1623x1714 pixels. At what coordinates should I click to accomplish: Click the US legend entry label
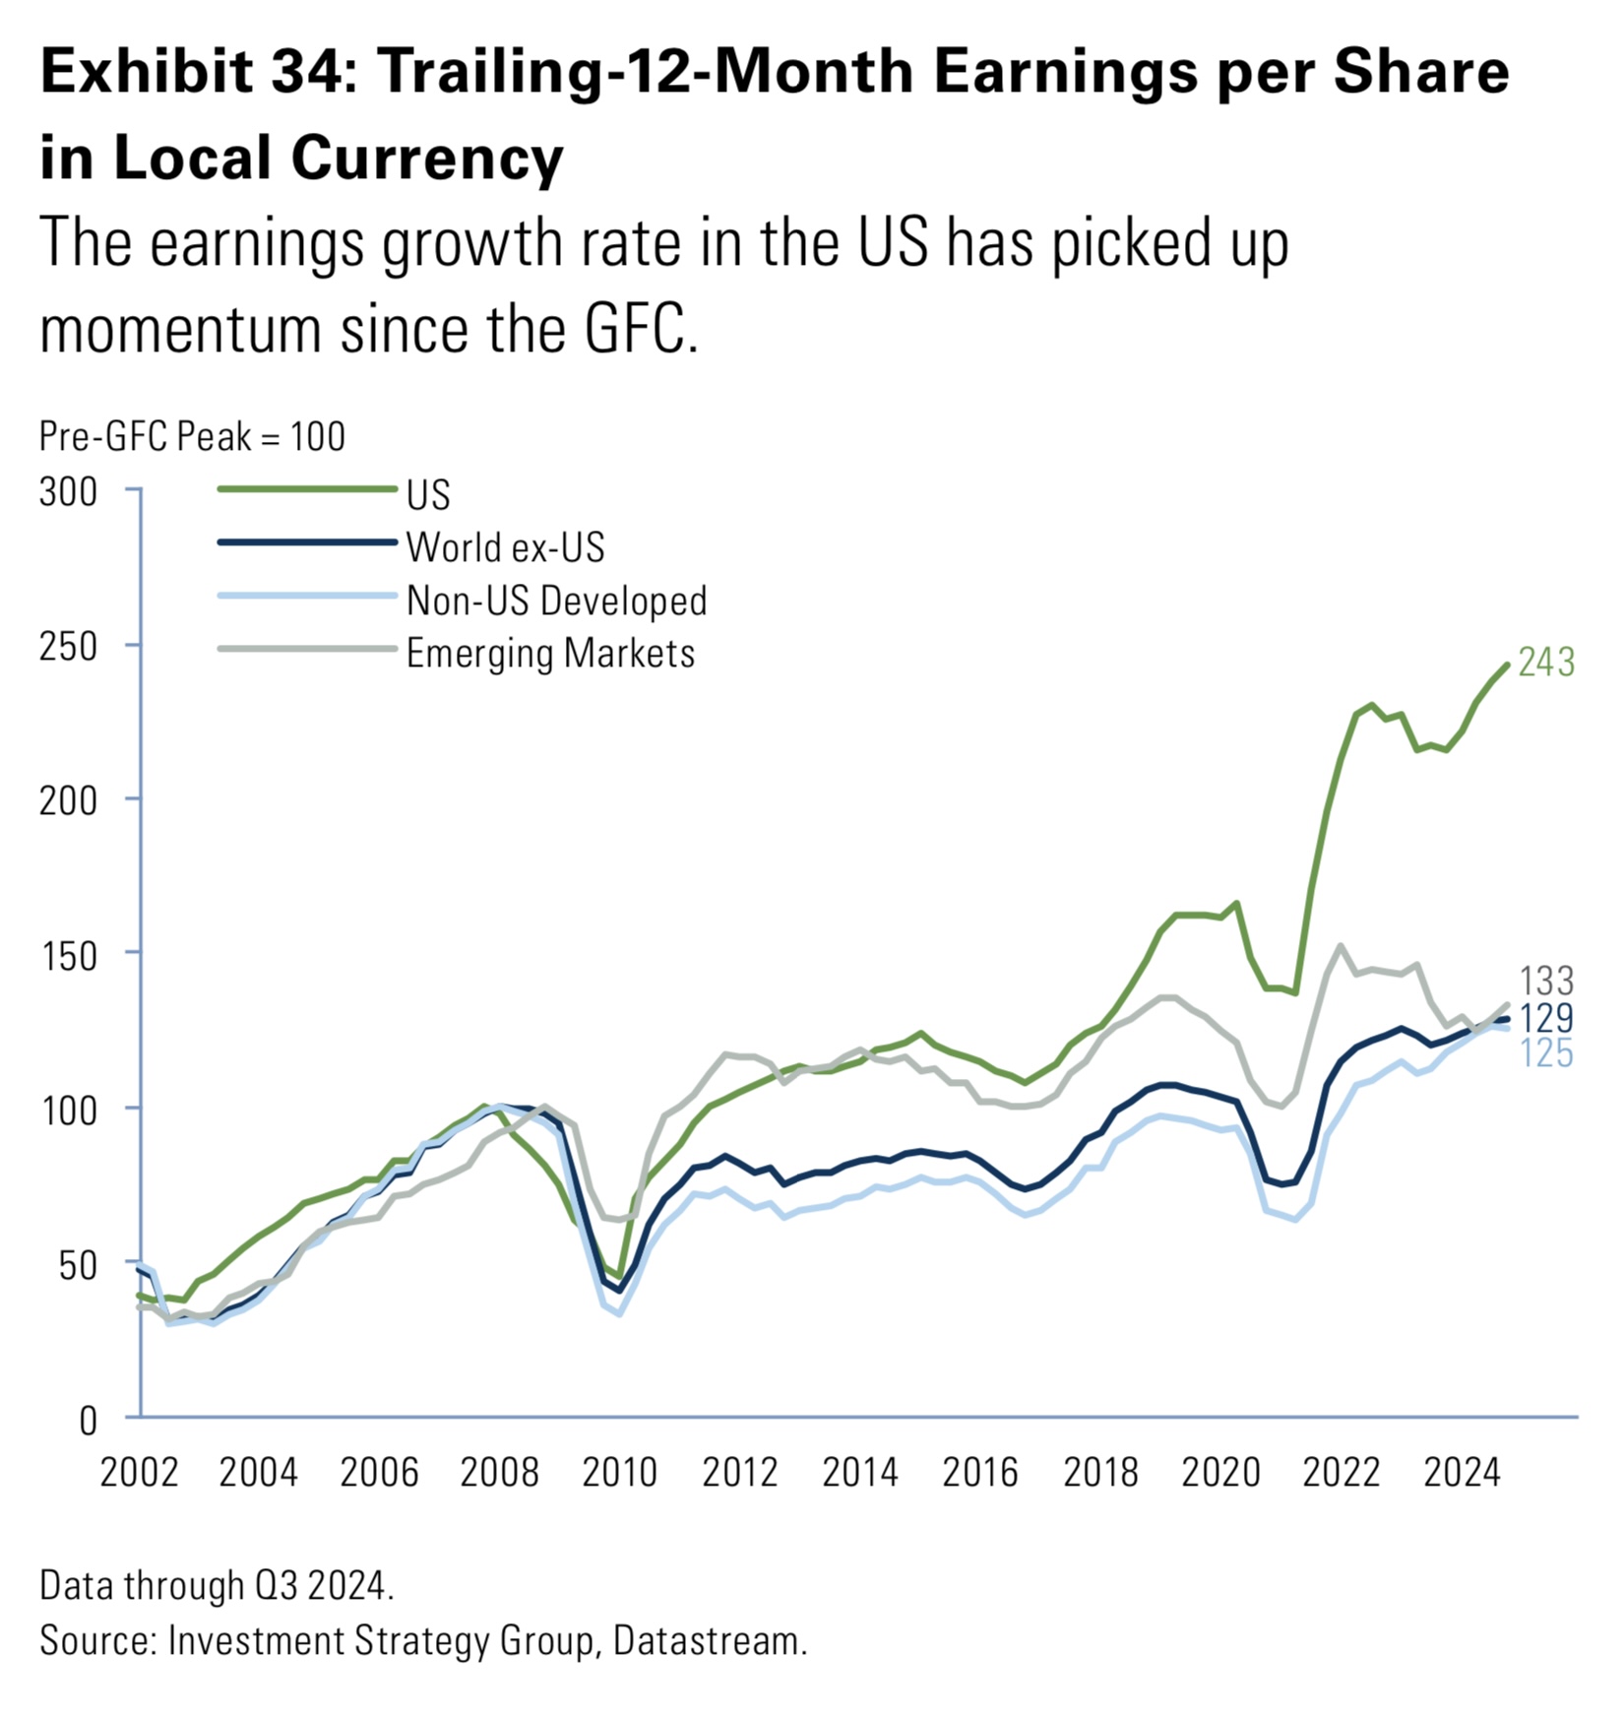428,495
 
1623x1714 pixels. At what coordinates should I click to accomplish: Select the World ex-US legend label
505,547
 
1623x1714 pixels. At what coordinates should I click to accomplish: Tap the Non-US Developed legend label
556,601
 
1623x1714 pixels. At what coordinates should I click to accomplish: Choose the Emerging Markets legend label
550,654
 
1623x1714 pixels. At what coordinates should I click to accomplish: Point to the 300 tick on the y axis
69,492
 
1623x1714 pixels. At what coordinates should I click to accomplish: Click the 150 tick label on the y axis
69,956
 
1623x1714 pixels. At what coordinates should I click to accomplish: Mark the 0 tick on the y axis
89,1420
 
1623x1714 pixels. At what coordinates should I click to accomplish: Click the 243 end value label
1546,663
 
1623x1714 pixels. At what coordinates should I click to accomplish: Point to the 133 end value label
1546,981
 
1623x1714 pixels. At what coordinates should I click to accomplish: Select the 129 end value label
1546,1018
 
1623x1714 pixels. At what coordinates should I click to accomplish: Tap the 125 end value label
1546,1053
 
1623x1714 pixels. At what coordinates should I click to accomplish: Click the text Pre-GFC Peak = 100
192,436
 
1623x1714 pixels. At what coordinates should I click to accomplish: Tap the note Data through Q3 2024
217,1586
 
